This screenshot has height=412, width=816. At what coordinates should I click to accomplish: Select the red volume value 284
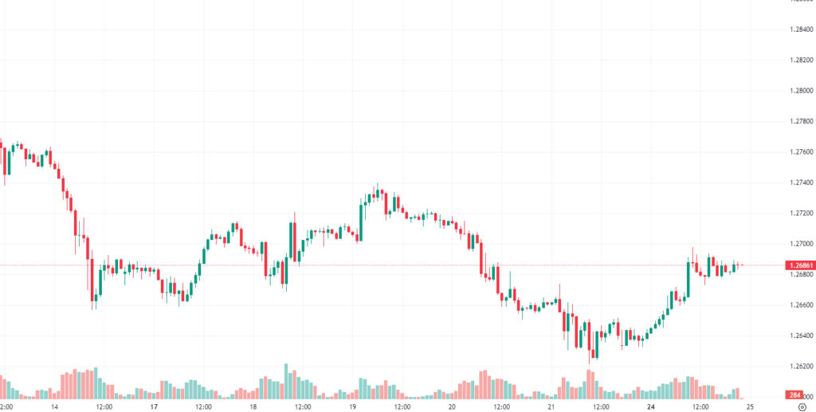click(794, 394)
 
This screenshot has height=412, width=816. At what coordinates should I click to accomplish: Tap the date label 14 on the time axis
click(54, 406)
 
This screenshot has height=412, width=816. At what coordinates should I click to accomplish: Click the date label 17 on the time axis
click(154, 406)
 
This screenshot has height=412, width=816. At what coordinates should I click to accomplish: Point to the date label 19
click(352, 406)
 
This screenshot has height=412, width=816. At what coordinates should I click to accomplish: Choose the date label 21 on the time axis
click(551, 406)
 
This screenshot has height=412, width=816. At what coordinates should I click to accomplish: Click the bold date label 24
click(650, 406)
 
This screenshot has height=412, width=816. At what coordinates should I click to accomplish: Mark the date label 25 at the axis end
click(749, 406)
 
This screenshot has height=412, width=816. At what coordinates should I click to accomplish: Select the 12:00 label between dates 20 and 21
click(501, 406)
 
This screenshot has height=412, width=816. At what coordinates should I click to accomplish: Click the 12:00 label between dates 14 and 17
click(104, 406)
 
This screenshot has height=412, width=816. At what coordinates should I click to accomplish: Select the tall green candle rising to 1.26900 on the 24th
click(688, 277)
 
